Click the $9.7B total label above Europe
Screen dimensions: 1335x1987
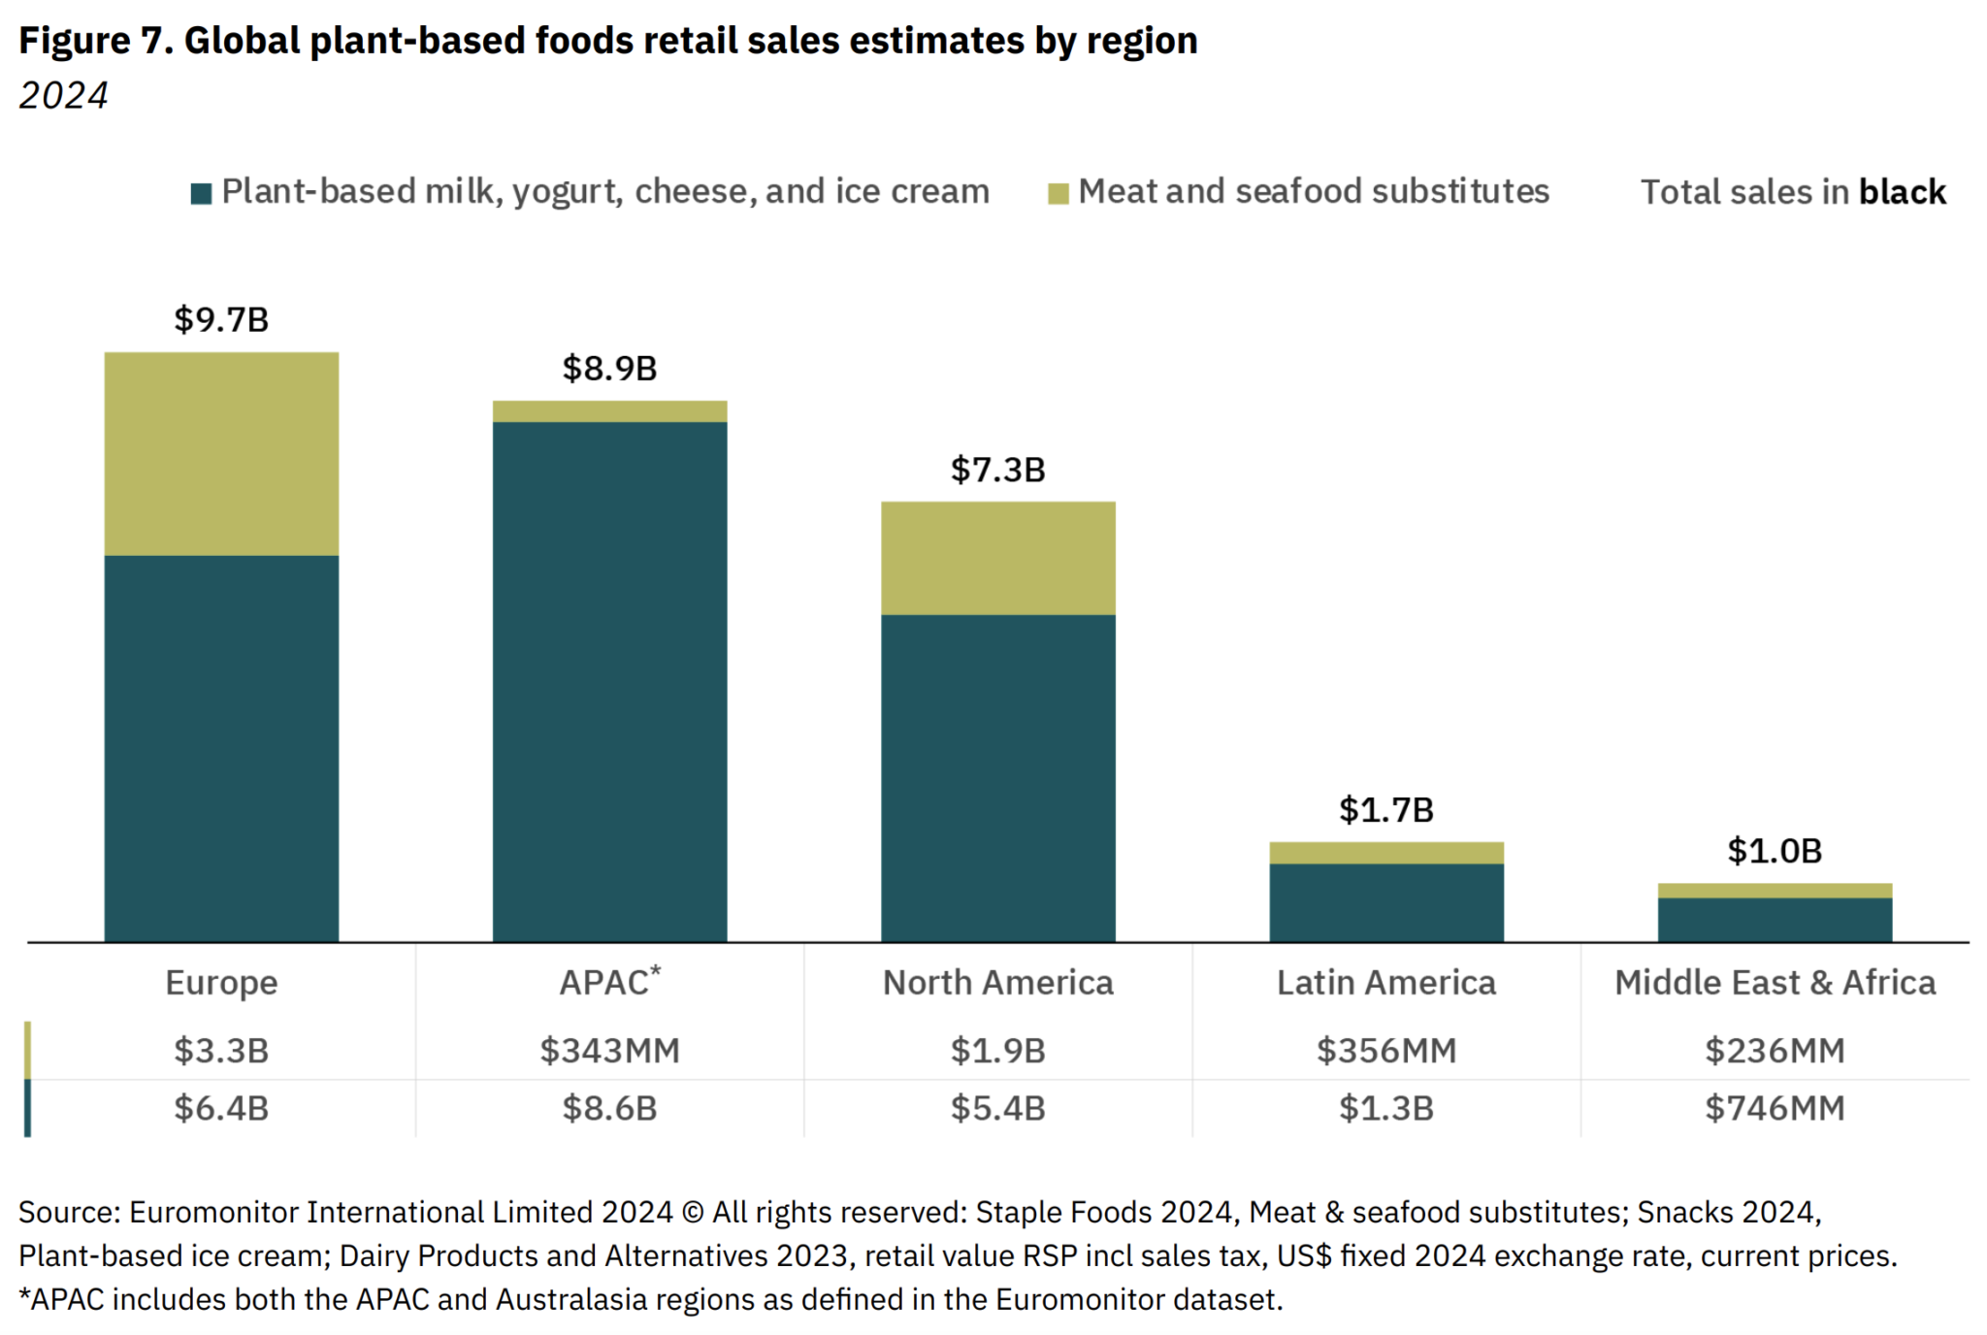pyautogui.click(x=221, y=319)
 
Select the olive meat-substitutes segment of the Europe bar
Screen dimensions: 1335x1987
pyautogui.click(x=221, y=453)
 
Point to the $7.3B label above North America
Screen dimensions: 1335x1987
pyautogui.click(x=997, y=470)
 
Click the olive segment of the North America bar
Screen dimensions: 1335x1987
pyautogui.click(x=997, y=558)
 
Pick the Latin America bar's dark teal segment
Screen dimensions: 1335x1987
pyautogui.click(x=1386, y=902)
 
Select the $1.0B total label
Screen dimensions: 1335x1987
pyautogui.click(x=1775, y=851)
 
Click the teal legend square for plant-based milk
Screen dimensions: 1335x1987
pyautogui.click(x=202, y=193)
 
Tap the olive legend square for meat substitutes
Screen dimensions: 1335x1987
pyautogui.click(x=1059, y=193)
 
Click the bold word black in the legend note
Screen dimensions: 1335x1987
pyautogui.click(x=1902, y=192)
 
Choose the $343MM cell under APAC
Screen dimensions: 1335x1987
pyautogui.click(x=609, y=1050)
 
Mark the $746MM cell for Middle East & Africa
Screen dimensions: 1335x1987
pyautogui.click(x=1775, y=1108)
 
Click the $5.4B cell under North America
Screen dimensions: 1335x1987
pyautogui.click(x=997, y=1108)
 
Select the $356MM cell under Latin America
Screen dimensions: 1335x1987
pyautogui.click(x=1386, y=1050)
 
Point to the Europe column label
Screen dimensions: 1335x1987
pyautogui.click(x=221, y=983)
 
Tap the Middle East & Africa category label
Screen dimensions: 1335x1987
pyautogui.click(x=1775, y=983)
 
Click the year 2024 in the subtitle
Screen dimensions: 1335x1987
pyautogui.click(x=63, y=95)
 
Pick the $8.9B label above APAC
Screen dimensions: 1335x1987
pyautogui.click(x=609, y=369)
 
